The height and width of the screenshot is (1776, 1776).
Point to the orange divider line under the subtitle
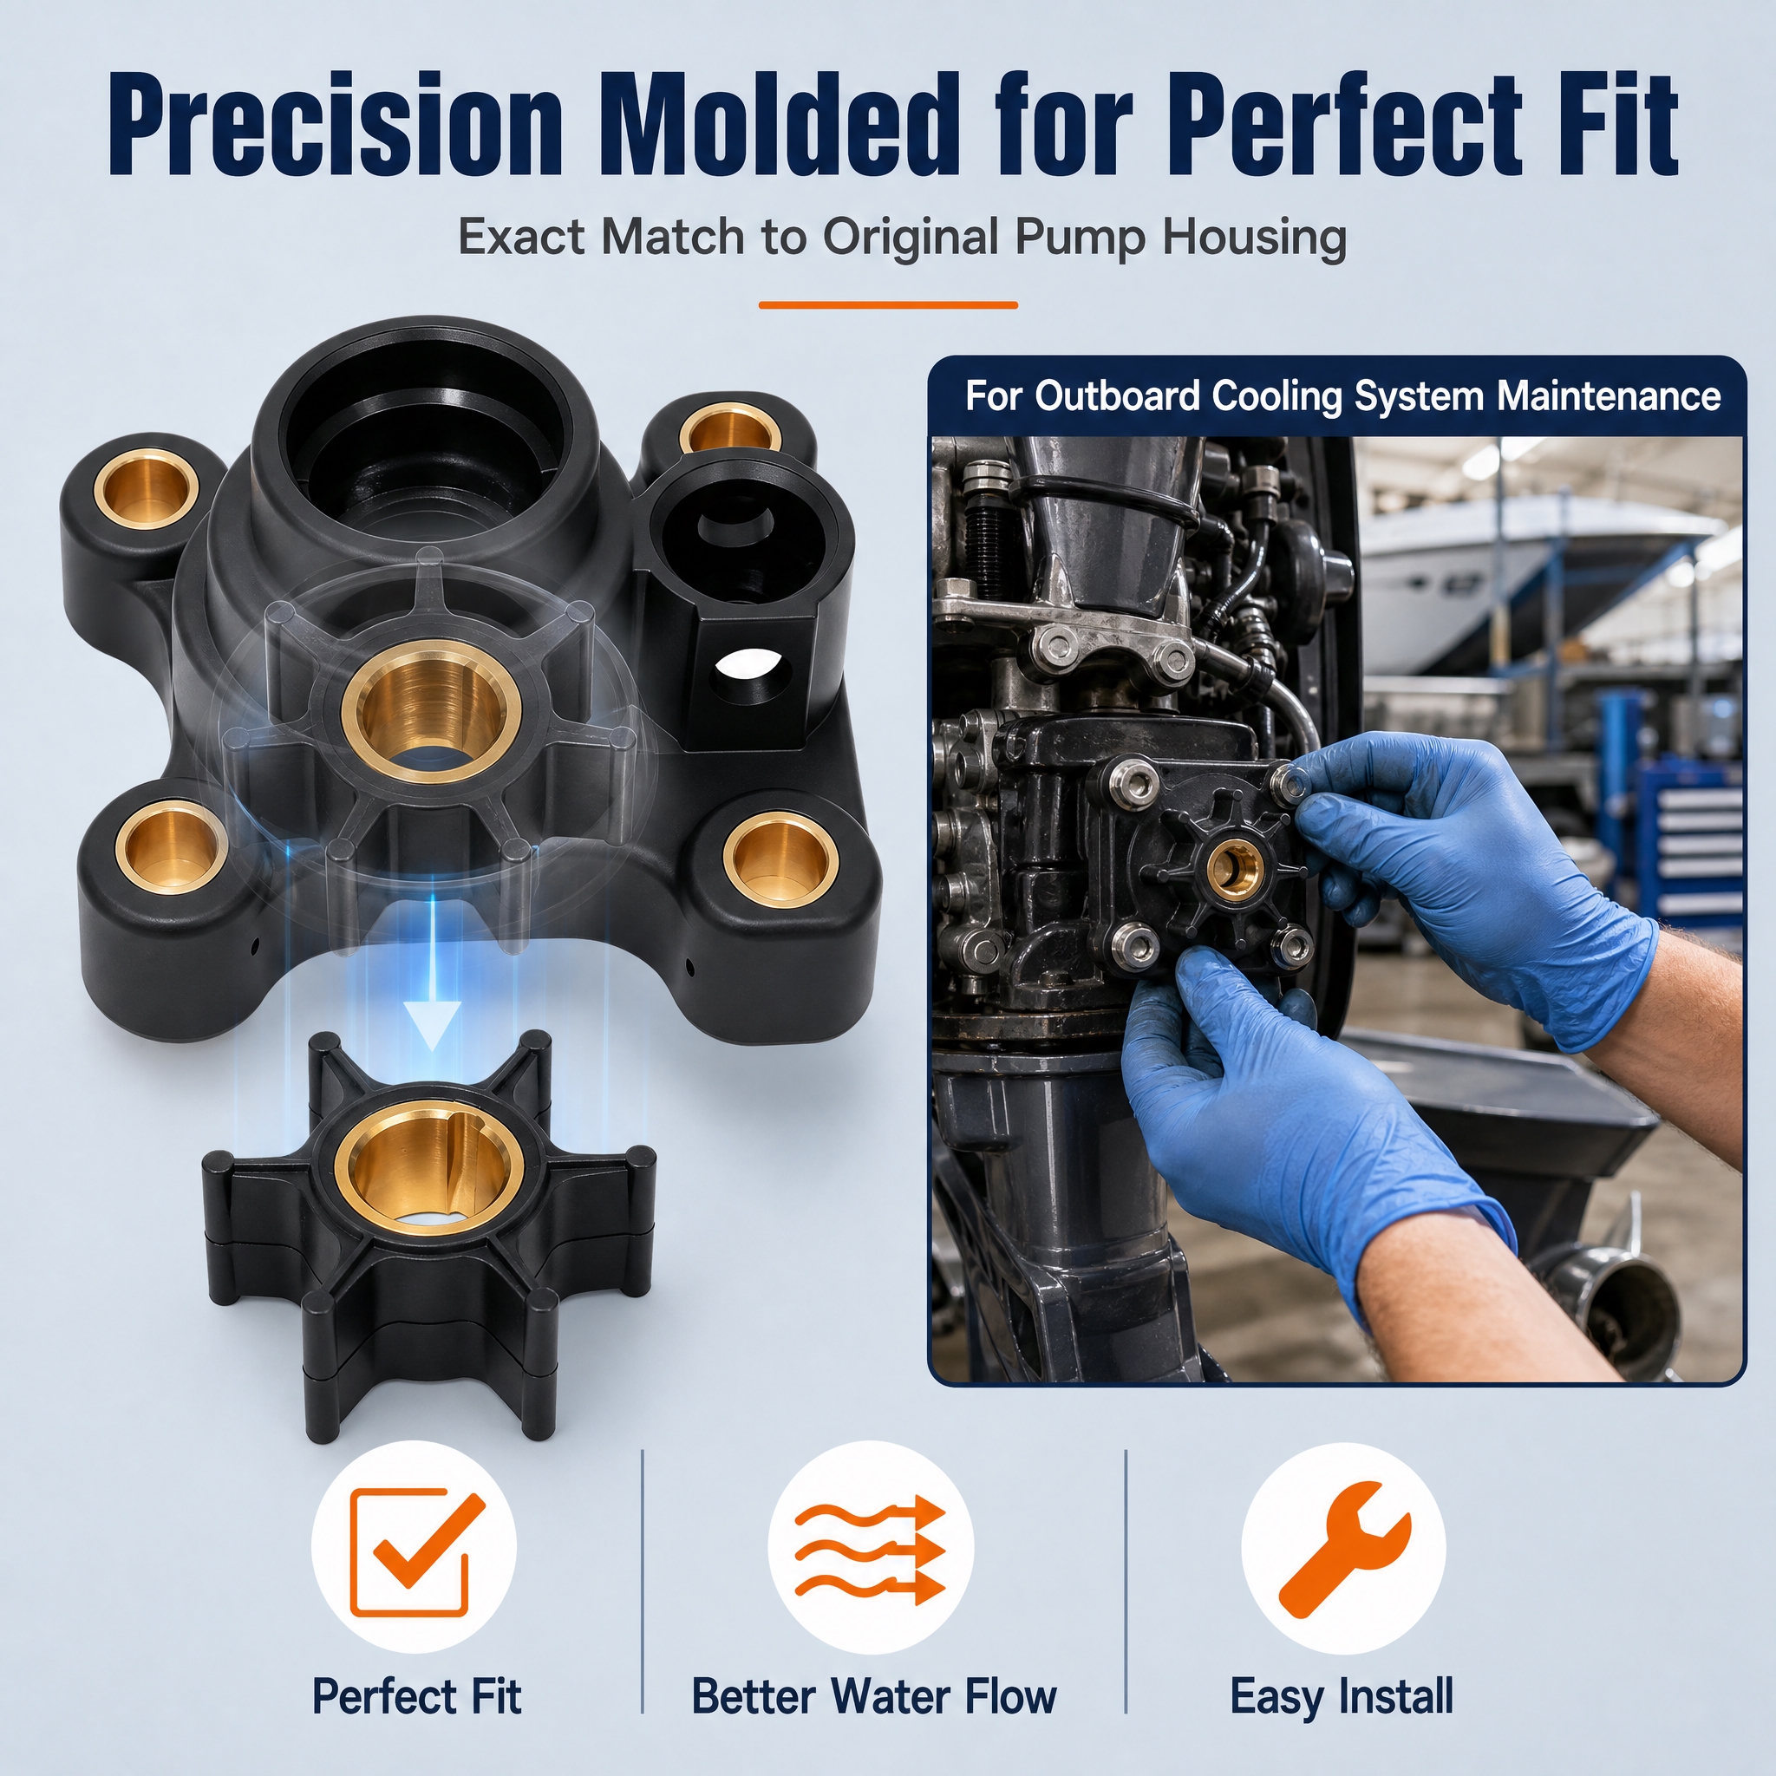(888, 304)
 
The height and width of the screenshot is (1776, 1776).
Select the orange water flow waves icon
(870, 1551)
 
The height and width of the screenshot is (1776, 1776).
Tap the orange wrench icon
(1343, 1550)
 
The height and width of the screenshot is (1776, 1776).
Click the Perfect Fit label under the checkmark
(416, 1696)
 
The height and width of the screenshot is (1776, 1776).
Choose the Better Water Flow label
(874, 1696)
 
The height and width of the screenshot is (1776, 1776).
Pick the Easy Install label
(1342, 1697)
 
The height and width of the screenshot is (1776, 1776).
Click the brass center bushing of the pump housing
(432, 708)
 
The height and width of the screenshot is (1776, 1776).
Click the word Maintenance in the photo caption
(1608, 396)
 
